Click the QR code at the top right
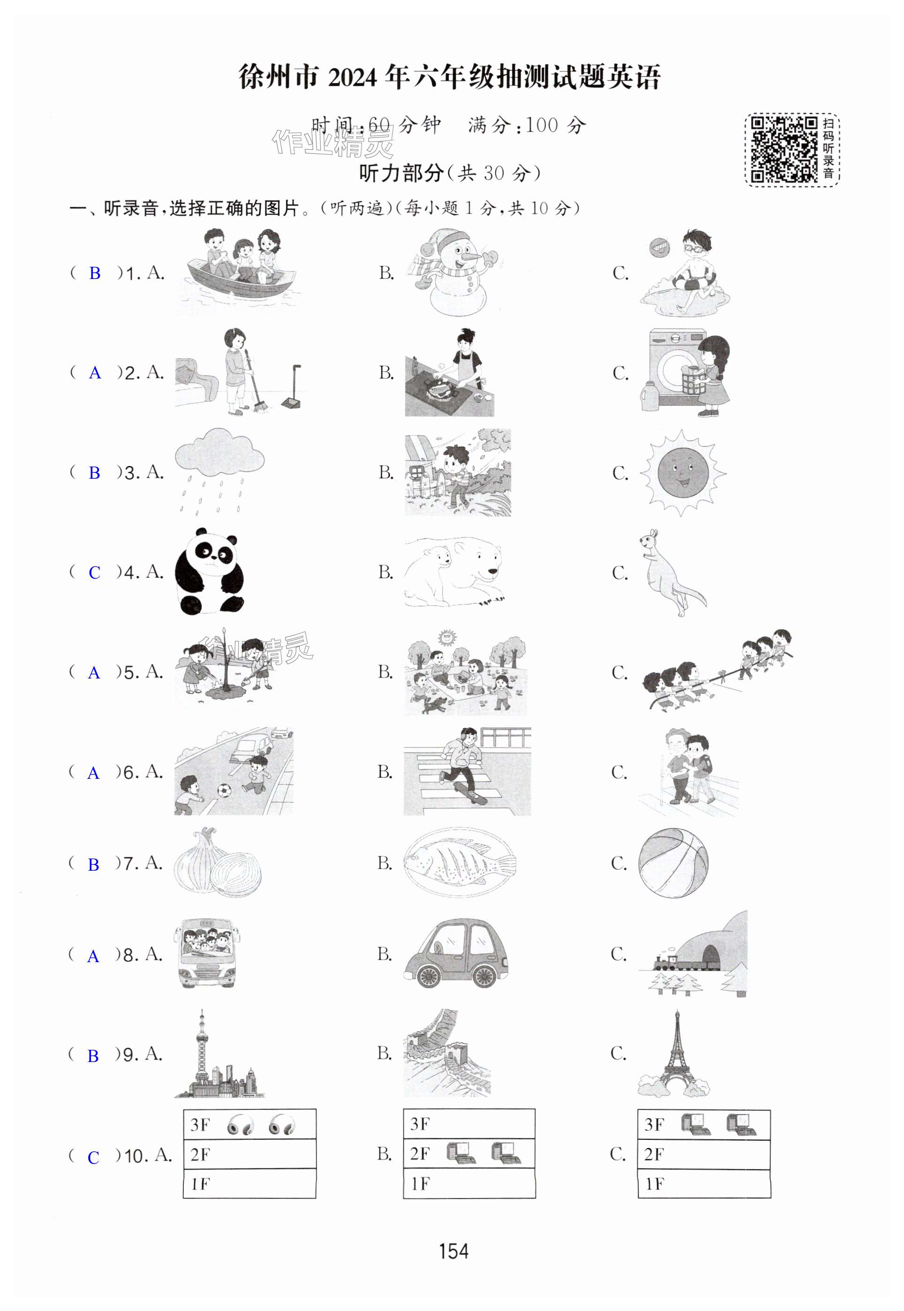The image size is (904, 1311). click(784, 150)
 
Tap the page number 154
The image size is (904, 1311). click(454, 1251)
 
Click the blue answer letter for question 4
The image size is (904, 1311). click(95, 573)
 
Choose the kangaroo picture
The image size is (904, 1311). click(672, 573)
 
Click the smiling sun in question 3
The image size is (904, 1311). click(683, 472)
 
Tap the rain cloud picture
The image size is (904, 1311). click(219, 471)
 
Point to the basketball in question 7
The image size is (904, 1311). click(673, 863)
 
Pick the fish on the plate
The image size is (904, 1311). click(460, 863)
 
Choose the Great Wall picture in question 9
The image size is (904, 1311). click(447, 1053)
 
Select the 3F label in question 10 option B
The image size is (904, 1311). click(420, 1124)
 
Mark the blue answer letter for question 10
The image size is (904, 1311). click(93, 1158)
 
